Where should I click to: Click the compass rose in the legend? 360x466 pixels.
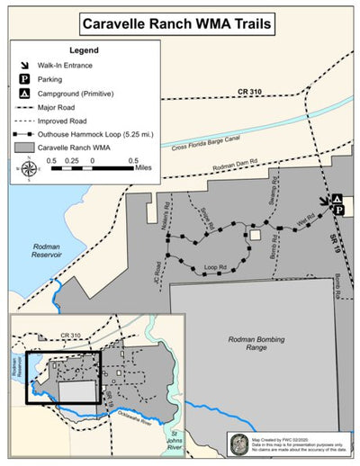click(29, 166)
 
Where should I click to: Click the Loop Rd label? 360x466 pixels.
click(214, 267)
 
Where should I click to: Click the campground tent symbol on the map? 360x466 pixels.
click(337, 197)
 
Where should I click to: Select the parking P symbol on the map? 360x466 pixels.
click(339, 210)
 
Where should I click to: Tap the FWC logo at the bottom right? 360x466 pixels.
click(238, 444)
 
